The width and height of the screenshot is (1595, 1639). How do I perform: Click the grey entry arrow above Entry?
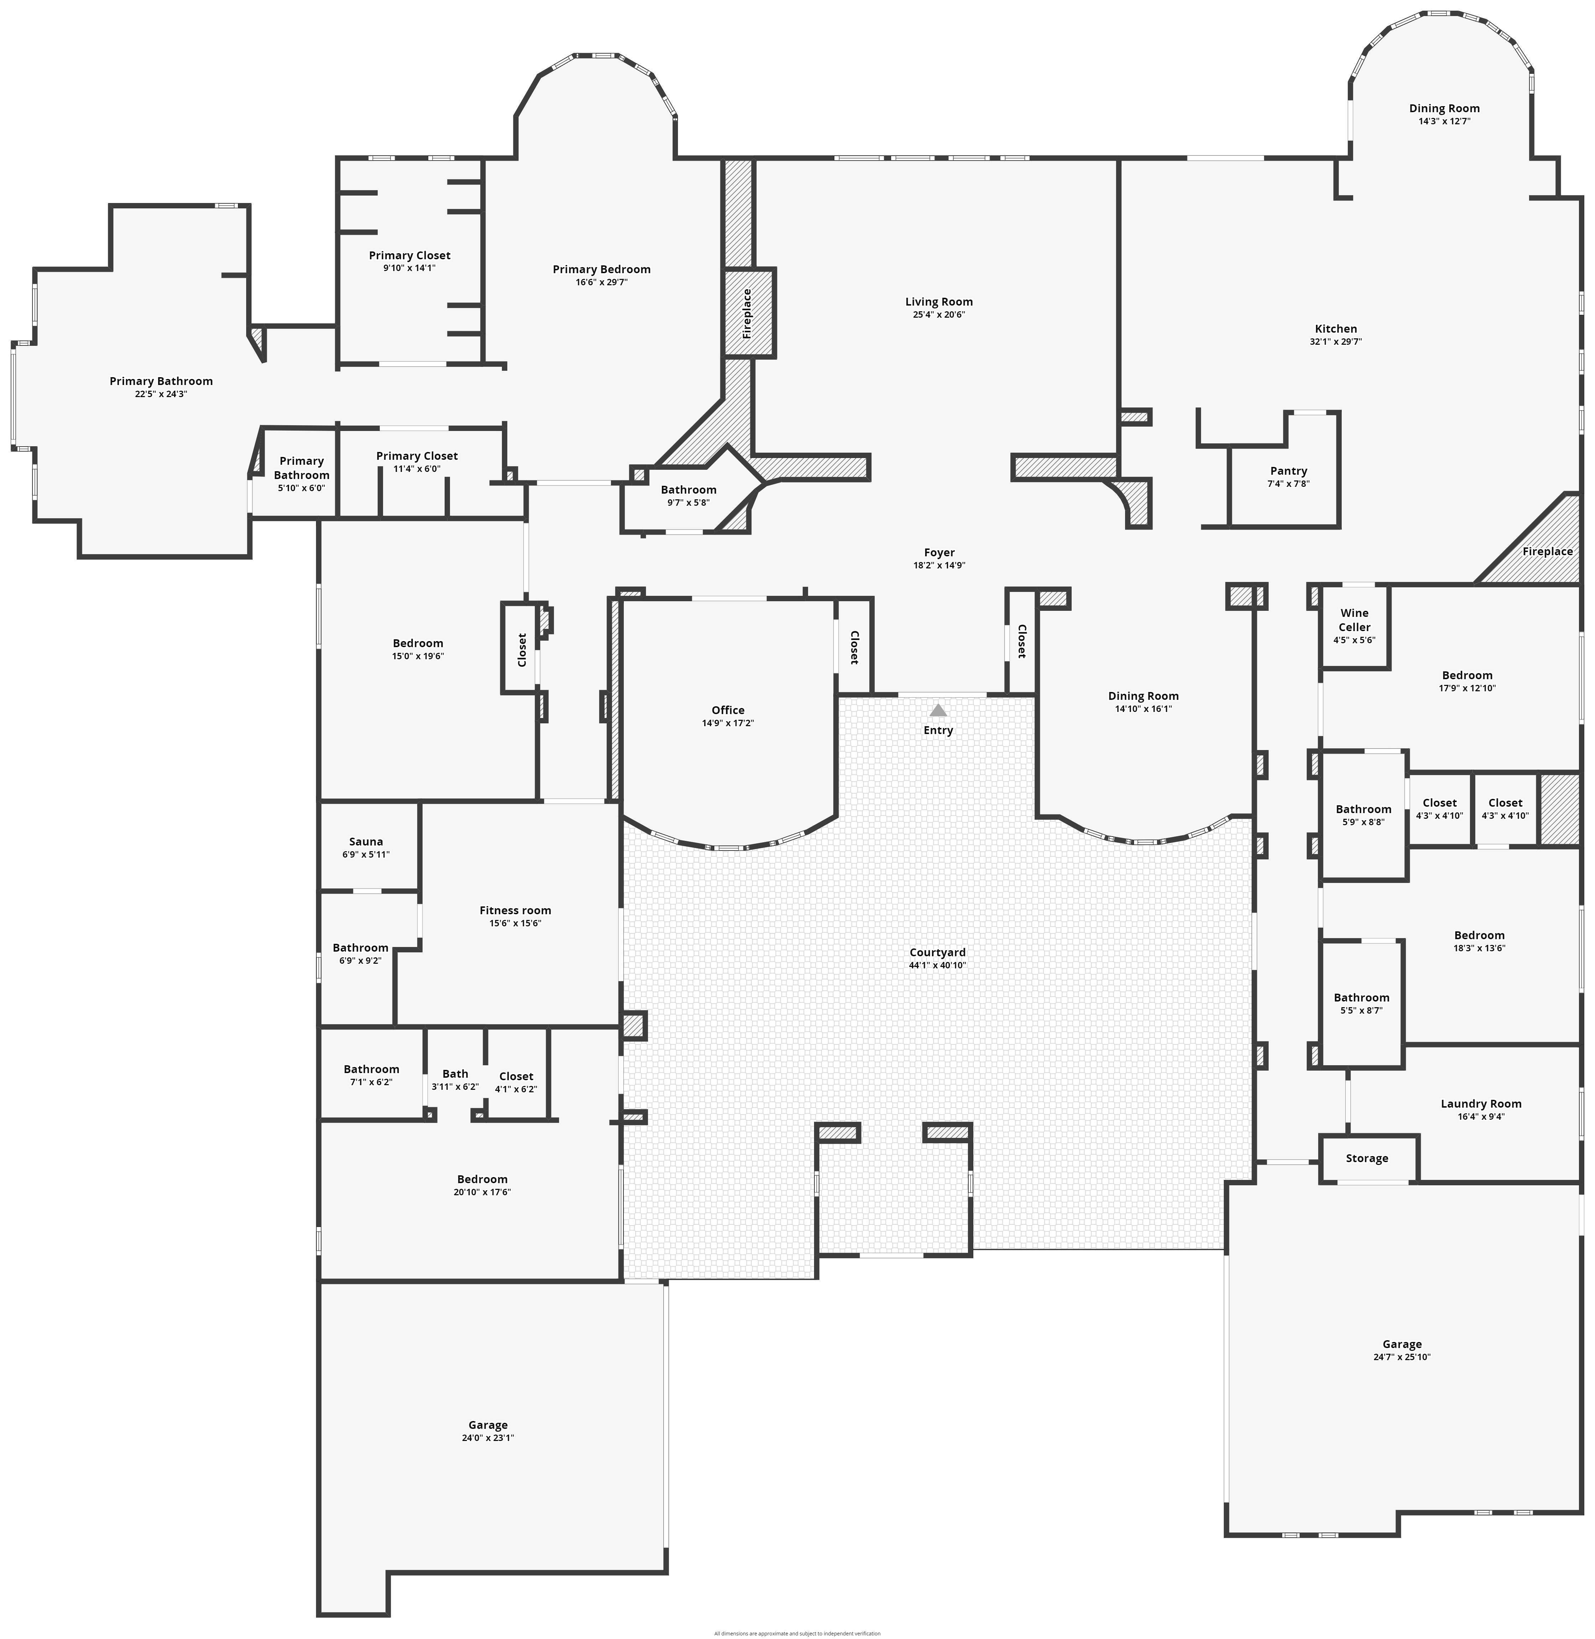click(x=938, y=710)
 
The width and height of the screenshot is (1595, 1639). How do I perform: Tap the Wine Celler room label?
click(x=1355, y=620)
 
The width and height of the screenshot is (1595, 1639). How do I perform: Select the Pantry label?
click(x=1288, y=471)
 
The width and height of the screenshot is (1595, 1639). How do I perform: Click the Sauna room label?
click(x=366, y=842)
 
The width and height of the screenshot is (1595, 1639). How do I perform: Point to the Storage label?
click(x=1367, y=1158)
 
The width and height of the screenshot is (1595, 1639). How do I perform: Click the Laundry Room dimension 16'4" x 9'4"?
click(x=1481, y=1117)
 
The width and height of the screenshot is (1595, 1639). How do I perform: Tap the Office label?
click(x=728, y=710)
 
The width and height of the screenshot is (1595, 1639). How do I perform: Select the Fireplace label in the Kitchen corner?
click(x=1547, y=551)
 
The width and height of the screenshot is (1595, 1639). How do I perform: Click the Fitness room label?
click(x=515, y=910)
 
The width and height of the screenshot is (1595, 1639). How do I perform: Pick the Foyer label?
click(x=939, y=553)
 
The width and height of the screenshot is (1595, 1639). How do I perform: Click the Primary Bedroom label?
click(x=601, y=269)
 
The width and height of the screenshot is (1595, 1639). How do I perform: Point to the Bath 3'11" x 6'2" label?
click(x=455, y=1074)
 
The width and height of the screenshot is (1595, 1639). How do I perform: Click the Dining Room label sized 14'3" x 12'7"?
click(x=1444, y=108)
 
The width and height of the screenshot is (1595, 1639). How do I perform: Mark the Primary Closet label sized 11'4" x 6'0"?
click(x=416, y=456)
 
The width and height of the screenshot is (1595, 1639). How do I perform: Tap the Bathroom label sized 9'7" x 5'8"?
click(x=689, y=490)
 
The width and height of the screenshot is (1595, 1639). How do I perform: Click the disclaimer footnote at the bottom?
click(x=797, y=1633)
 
